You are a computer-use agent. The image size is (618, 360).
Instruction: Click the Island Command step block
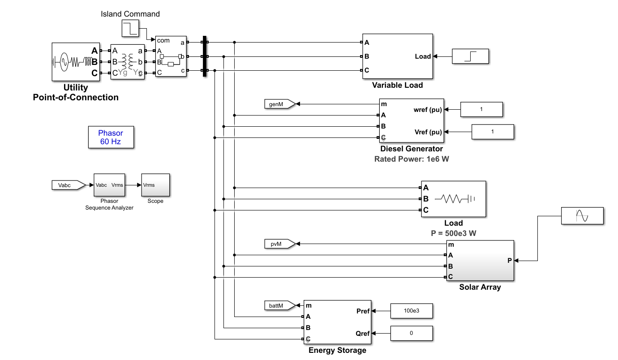[x=130, y=28]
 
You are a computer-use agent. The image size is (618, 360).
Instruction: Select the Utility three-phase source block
[x=76, y=62]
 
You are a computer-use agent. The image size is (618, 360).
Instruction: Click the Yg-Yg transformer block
[x=128, y=62]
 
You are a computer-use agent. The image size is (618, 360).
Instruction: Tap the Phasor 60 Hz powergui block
[x=111, y=137]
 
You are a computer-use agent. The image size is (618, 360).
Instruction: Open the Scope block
[x=155, y=185]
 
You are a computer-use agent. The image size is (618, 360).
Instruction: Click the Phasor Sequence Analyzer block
[x=109, y=185]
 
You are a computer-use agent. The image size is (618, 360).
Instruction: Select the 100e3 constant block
[x=412, y=311]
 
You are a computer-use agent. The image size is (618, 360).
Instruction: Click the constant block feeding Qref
[x=412, y=333]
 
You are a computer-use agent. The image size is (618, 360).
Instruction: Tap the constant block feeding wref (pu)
[x=481, y=110]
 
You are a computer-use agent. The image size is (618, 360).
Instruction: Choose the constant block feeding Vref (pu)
[x=493, y=132]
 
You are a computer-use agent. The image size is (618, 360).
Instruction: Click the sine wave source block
[x=582, y=216]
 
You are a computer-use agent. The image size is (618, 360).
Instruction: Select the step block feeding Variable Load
[x=470, y=56]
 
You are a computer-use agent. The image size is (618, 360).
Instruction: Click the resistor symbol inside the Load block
[x=451, y=199]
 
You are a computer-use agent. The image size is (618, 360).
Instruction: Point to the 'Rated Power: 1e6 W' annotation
[x=412, y=159]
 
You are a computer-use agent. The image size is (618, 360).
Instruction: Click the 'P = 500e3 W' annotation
[x=454, y=233]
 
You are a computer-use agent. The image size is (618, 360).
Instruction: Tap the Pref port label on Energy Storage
[x=363, y=311]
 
